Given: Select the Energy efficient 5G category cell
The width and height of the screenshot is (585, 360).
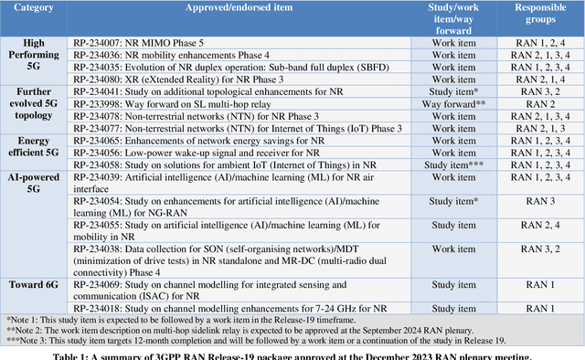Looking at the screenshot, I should [x=34, y=152].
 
